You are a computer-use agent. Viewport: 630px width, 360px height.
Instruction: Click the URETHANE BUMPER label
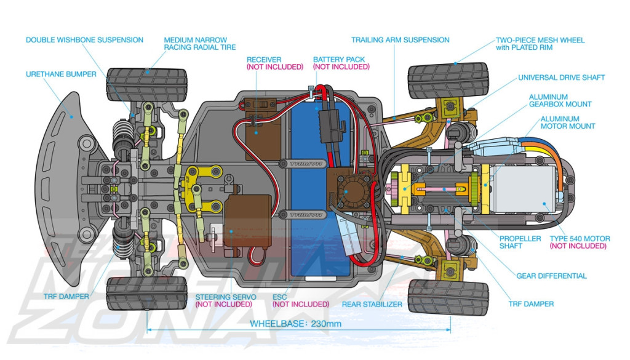tap(61, 74)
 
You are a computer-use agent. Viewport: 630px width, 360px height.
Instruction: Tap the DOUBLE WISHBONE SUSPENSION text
tap(84, 40)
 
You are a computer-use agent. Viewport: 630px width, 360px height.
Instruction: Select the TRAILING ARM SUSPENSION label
tap(400, 40)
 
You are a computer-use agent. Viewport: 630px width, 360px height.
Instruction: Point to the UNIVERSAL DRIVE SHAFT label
tap(561, 78)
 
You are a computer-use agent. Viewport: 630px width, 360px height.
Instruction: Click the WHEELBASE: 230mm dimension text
tap(296, 324)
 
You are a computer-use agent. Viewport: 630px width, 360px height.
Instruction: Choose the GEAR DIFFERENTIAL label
tap(551, 276)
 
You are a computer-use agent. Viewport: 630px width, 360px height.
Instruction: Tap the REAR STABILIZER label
tap(372, 305)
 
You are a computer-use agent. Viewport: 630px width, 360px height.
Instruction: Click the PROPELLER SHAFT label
tap(520, 242)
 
